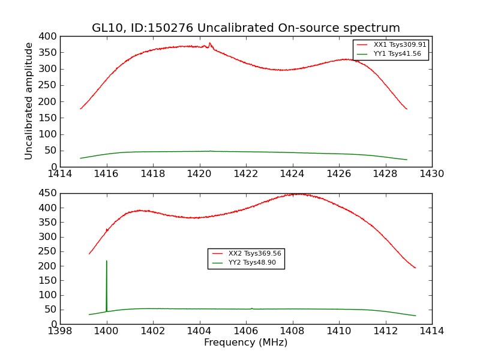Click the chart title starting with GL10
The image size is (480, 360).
click(245, 28)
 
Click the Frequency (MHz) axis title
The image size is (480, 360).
click(245, 343)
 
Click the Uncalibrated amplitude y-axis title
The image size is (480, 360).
click(29, 101)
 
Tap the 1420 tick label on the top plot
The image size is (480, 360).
click(199, 173)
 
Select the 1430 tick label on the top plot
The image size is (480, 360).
click(432, 173)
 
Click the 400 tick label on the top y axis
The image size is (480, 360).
click(49, 36)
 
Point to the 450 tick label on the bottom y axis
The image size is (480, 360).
click(49, 193)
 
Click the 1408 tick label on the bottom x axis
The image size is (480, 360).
click(292, 331)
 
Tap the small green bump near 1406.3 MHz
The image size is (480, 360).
click(251, 308)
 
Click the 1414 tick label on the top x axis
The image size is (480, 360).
click(60, 173)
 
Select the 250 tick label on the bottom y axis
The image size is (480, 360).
click(49, 251)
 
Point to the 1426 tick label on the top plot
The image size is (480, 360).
click(339, 173)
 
